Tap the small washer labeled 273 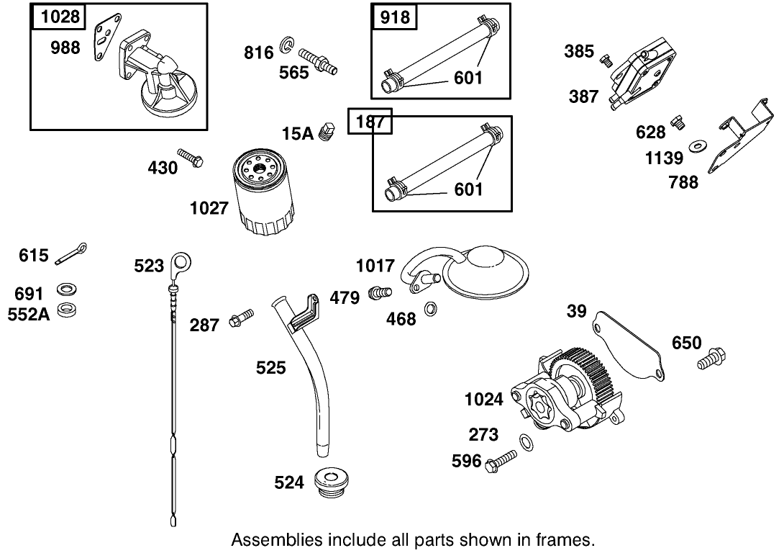tap(526, 441)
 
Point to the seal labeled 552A tap(68, 310)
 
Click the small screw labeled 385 tap(606, 60)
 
